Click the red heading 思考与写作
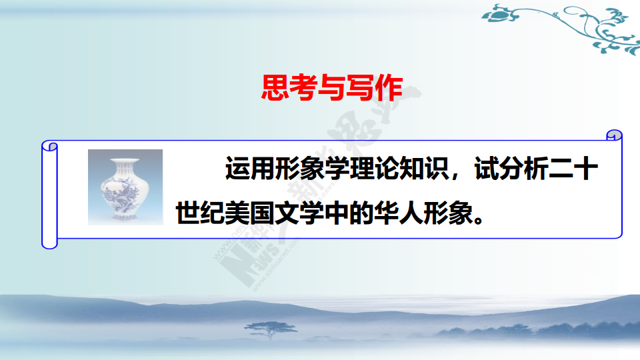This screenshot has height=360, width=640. click(x=332, y=87)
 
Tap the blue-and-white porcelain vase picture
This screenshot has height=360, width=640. click(x=125, y=187)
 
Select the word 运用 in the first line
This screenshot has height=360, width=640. click(x=249, y=168)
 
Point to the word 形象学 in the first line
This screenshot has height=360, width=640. click(x=312, y=168)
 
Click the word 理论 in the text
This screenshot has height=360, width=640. click(x=374, y=168)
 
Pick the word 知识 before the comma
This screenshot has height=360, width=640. click(x=424, y=168)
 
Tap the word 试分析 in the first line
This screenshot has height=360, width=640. click(x=511, y=168)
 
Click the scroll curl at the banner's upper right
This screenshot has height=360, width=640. click(x=614, y=135)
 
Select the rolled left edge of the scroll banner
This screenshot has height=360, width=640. click(x=49, y=195)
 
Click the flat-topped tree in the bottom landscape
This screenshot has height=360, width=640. click(x=271, y=329)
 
